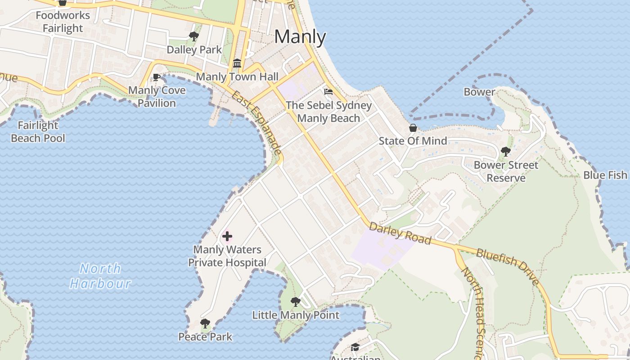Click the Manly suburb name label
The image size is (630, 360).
300,37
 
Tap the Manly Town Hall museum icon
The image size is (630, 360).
237,63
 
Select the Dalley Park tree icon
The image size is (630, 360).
194,36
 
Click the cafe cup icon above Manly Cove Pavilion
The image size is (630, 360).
157,77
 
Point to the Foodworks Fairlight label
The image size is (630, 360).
63,22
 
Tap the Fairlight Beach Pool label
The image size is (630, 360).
38,132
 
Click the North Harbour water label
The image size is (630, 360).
100,276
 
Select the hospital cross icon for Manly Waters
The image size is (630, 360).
227,236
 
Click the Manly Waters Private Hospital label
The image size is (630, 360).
227,256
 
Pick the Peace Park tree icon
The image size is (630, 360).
205,323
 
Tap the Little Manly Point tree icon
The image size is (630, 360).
295,301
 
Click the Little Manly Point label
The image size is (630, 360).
296,315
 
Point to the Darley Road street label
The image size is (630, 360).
400,234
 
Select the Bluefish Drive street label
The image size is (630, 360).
508,267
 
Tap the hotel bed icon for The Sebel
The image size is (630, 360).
329,92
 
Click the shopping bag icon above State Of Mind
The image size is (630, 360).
413,128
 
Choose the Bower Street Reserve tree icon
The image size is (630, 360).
505,151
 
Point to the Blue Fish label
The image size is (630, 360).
605,175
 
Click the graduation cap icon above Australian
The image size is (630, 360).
355,347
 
